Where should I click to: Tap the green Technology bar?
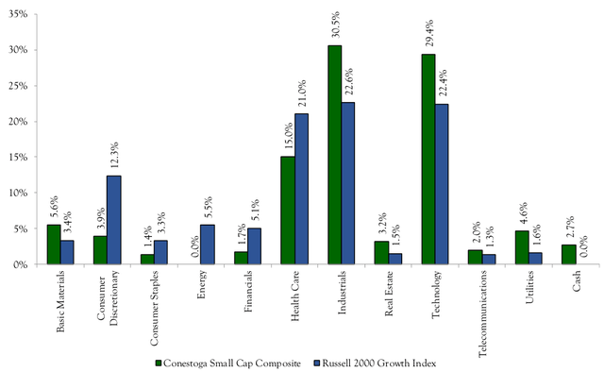click(x=428, y=159)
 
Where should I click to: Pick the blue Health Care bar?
click(x=301, y=189)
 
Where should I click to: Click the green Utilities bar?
click(x=522, y=247)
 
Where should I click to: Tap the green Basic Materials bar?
click(x=53, y=245)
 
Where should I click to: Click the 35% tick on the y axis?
click(x=17, y=14)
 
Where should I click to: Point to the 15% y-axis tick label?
click(x=17, y=157)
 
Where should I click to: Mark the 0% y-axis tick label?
click(x=20, y=264)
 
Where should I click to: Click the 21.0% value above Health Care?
click(x=302, y=97)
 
